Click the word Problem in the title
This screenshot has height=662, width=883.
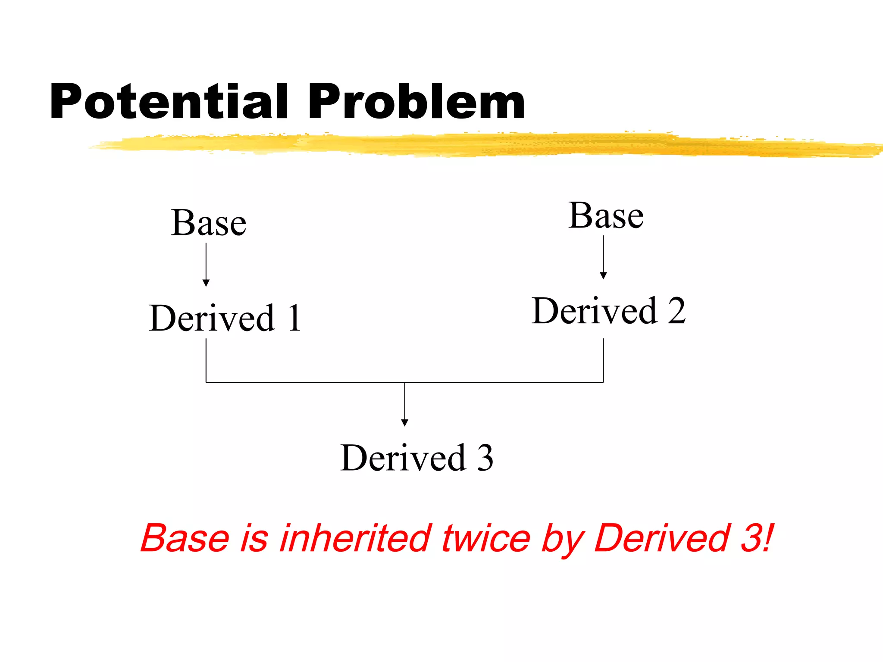(x=416, y=102)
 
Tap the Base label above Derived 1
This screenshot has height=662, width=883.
(x=209, y=223)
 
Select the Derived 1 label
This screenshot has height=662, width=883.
(x=224, y=318)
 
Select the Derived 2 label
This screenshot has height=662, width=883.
(x=608, y=311)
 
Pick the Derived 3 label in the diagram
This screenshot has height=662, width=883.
(x=416, y=458)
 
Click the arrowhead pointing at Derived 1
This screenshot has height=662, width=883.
(x=206, y=283)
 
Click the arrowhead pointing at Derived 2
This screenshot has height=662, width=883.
(x=603, y=275)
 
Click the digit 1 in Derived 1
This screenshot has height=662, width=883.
(x=294, y=318)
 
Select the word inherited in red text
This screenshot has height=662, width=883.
(x=356, y=538)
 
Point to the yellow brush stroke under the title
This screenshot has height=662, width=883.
(x=474, y=145)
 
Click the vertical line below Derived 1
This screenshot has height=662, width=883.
(x=206, y=360)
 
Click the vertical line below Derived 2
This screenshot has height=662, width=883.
(x=603, y=360)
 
